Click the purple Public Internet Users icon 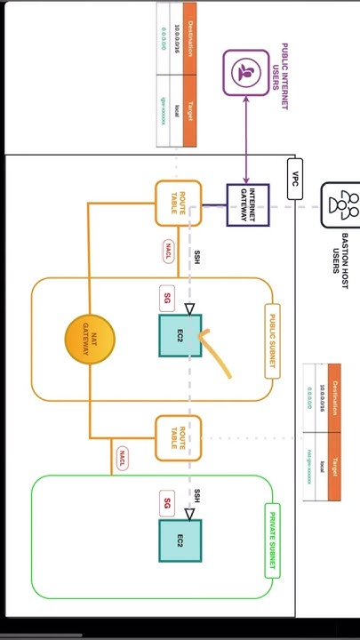pyautogui.click(x=246, y=72)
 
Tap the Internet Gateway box pyautogui.click(x=247, y=204)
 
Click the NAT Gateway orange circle pyautogui.click(x=90, y=340)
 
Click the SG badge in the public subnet pyautogui.click(x=166, y=299)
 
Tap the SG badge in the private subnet pyautogui.click(x=166, y=503)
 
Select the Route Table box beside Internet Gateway pyautogui.click(x=179, y=204)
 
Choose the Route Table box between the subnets pyautogui.click(x=179, y=437)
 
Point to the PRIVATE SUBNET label pyautogui.click(x=273, y=540)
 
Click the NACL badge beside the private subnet pyautogui.click(x=123, y=459)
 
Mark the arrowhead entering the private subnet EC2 pyautogui.click(x=188, y=513)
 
